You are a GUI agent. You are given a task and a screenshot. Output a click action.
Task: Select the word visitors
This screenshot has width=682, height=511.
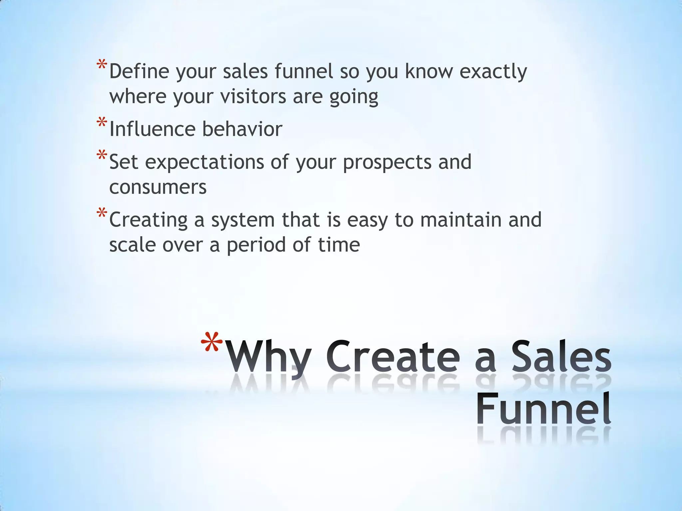(253, 96)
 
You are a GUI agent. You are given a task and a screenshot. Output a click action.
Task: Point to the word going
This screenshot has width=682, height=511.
(354, 97)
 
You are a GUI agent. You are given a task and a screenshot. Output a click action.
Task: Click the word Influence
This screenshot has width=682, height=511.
(152, 129)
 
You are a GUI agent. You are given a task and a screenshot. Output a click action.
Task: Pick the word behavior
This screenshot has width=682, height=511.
(242, 129)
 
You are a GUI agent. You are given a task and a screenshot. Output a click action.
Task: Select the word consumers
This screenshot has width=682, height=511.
(158, 187)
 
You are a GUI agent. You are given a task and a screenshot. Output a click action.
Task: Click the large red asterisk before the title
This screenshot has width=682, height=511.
(212, 343)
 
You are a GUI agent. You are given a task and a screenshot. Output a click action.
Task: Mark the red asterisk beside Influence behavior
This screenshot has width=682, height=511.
(102, 123)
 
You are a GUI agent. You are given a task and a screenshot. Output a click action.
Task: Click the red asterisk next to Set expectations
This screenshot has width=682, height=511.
(102, 156)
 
